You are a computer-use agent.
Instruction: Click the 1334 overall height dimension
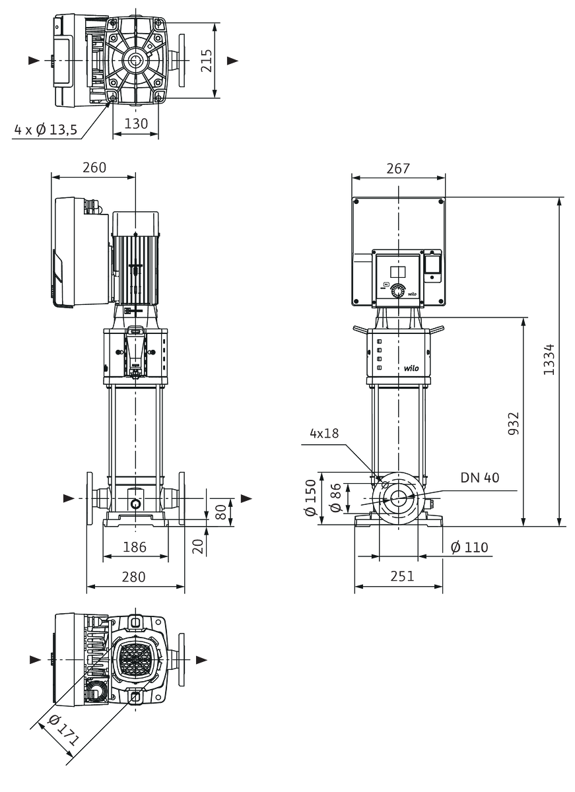pos(549,359)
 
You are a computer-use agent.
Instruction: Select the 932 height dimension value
pos(513,423)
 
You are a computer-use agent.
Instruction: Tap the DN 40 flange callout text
pos(479,478)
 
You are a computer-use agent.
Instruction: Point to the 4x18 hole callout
pos(324,433)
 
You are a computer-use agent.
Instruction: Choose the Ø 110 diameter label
pos(469,547)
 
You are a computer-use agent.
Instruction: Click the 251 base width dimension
pos(402,576)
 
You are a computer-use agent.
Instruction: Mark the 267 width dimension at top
pos(398,169)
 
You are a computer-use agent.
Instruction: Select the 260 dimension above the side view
pos(94,168)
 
